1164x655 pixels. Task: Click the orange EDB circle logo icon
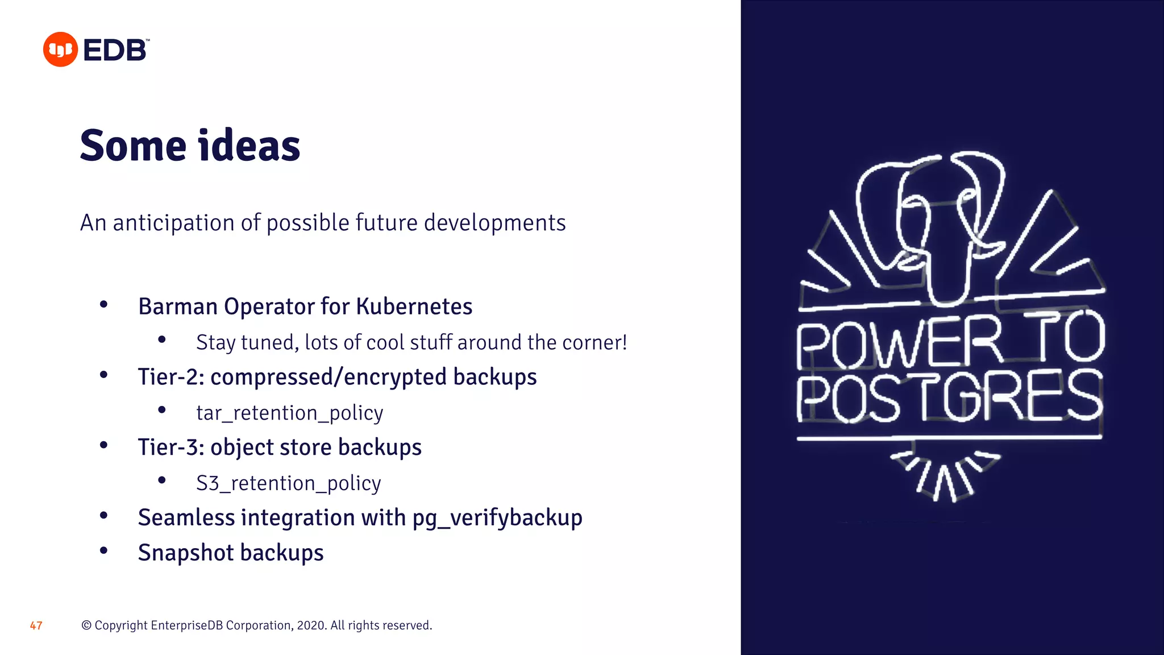point(60,49)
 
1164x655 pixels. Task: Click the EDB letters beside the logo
point(115,50)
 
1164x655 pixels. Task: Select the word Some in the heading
point(133,146)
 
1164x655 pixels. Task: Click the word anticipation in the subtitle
point(174,222)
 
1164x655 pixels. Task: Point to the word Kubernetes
point(414,306)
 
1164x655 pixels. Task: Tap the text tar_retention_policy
point(289,413)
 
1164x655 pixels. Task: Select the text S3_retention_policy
point(288,483)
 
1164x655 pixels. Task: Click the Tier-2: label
point(171,377)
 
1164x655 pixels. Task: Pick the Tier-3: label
point(171,447)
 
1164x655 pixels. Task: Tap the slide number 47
point(36,625)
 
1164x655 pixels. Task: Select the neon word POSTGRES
point(949,397)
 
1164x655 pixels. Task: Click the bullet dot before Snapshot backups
point(103,550)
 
